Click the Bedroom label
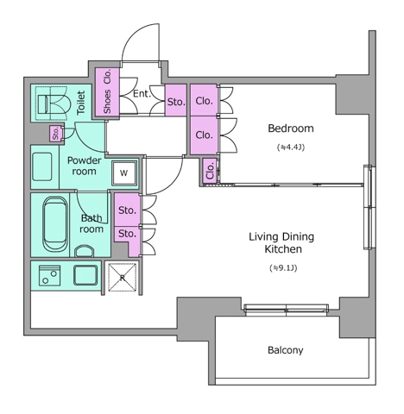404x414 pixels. pos(291,129)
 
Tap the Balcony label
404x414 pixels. pos(286,350)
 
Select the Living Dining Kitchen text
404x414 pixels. pos(281,243)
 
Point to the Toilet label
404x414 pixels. pos(81,103)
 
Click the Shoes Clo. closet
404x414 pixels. pos(107,92)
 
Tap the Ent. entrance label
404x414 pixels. pos(142,94)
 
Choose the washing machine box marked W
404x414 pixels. pos(124,172)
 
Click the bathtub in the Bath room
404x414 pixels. pos(55,223)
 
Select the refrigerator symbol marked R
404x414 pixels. pos(123,278)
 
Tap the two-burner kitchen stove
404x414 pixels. pos(49,275)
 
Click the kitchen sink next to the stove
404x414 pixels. pos(85,275)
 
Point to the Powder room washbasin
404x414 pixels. pos(42,166)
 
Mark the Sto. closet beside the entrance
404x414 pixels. pos(176,100)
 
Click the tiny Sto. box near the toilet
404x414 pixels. pos(55,134)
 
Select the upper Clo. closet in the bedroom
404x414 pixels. pos(204,100)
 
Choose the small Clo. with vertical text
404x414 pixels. pos(210,171)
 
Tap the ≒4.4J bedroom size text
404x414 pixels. pos(291,147)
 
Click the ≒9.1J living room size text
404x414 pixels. pos(283,268)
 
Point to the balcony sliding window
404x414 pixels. pos(286,310)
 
